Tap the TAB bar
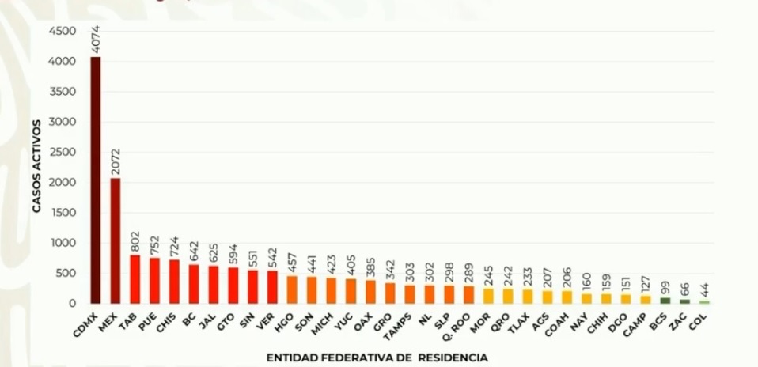pyautogui.click(x=135, y=279)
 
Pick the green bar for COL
pyautogui.click(x=703, y=301)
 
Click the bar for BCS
pyautogui.click(x=665, y=301)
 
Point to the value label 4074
pyautogui.click(x=96, y=40)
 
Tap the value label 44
pyautogui.click(x=703, y=289)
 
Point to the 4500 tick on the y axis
pyautogui.click(x=63, y=31)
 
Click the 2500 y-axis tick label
pyautogui.click(x=63, y=152)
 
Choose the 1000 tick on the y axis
pyautogui.click(x=63, y=243)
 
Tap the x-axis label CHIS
pyautogui.click(x=167, y=321)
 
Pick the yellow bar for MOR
pyautogui.click(x=487, y=296)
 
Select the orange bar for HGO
pyautogui.click(x=292, y=289)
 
